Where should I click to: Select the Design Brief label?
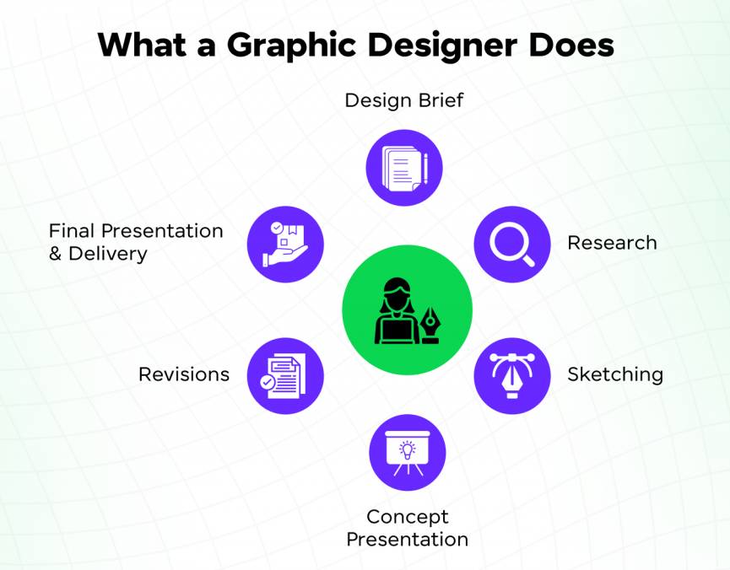pos(403,101)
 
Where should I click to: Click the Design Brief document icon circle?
pos(404,168)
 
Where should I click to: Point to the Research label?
pos(612,243)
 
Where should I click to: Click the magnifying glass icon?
pos(512,245)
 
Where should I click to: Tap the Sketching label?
pos(615,374)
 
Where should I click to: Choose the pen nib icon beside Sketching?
pos(512,375)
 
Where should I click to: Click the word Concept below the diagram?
pos(408,516)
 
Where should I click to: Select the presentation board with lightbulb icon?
pos(408,452)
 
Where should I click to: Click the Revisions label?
pos(184,374)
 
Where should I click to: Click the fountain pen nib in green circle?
pos(435,321)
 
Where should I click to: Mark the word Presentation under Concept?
pos(408,539)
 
